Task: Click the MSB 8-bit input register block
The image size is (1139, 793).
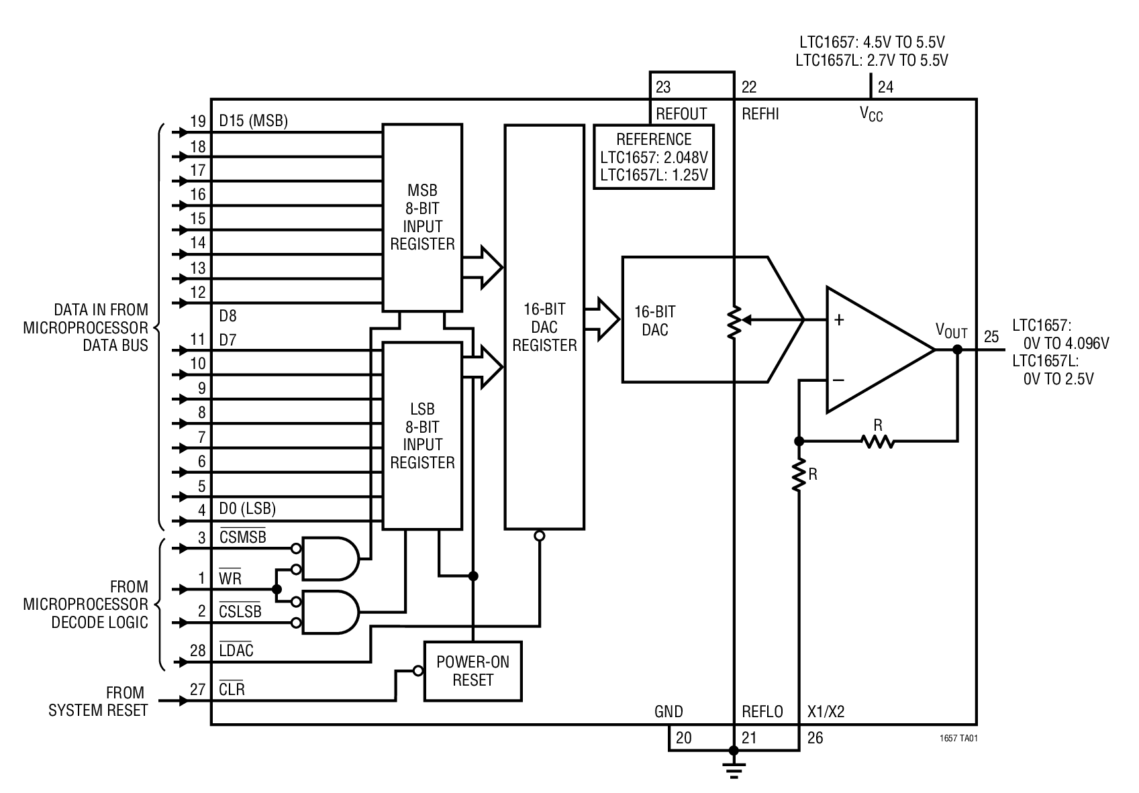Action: point(422,217)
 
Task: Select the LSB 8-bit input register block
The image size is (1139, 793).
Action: point(422,435)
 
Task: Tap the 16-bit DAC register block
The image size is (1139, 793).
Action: point(544,327)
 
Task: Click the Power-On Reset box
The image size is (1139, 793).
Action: point(473,671)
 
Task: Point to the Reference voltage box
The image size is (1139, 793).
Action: point(654,158)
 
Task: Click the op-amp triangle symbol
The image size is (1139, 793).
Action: point(873,350)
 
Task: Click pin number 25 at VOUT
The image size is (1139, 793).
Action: point(991,337)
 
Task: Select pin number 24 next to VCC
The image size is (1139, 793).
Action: point(885,87)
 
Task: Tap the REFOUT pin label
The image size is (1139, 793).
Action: point(681,114)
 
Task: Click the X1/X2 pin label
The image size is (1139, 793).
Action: point(826,712)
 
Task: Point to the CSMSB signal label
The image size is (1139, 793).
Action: point(242,537)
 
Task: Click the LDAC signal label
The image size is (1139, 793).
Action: point(236,650)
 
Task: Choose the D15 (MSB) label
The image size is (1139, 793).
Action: point(253,121)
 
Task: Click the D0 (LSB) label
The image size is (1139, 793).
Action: point(247,509)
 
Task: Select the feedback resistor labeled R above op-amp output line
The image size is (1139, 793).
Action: point(877,441)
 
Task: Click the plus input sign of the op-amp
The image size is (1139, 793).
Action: point(839,320)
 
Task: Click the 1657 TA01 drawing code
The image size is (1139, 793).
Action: point(958,737)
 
